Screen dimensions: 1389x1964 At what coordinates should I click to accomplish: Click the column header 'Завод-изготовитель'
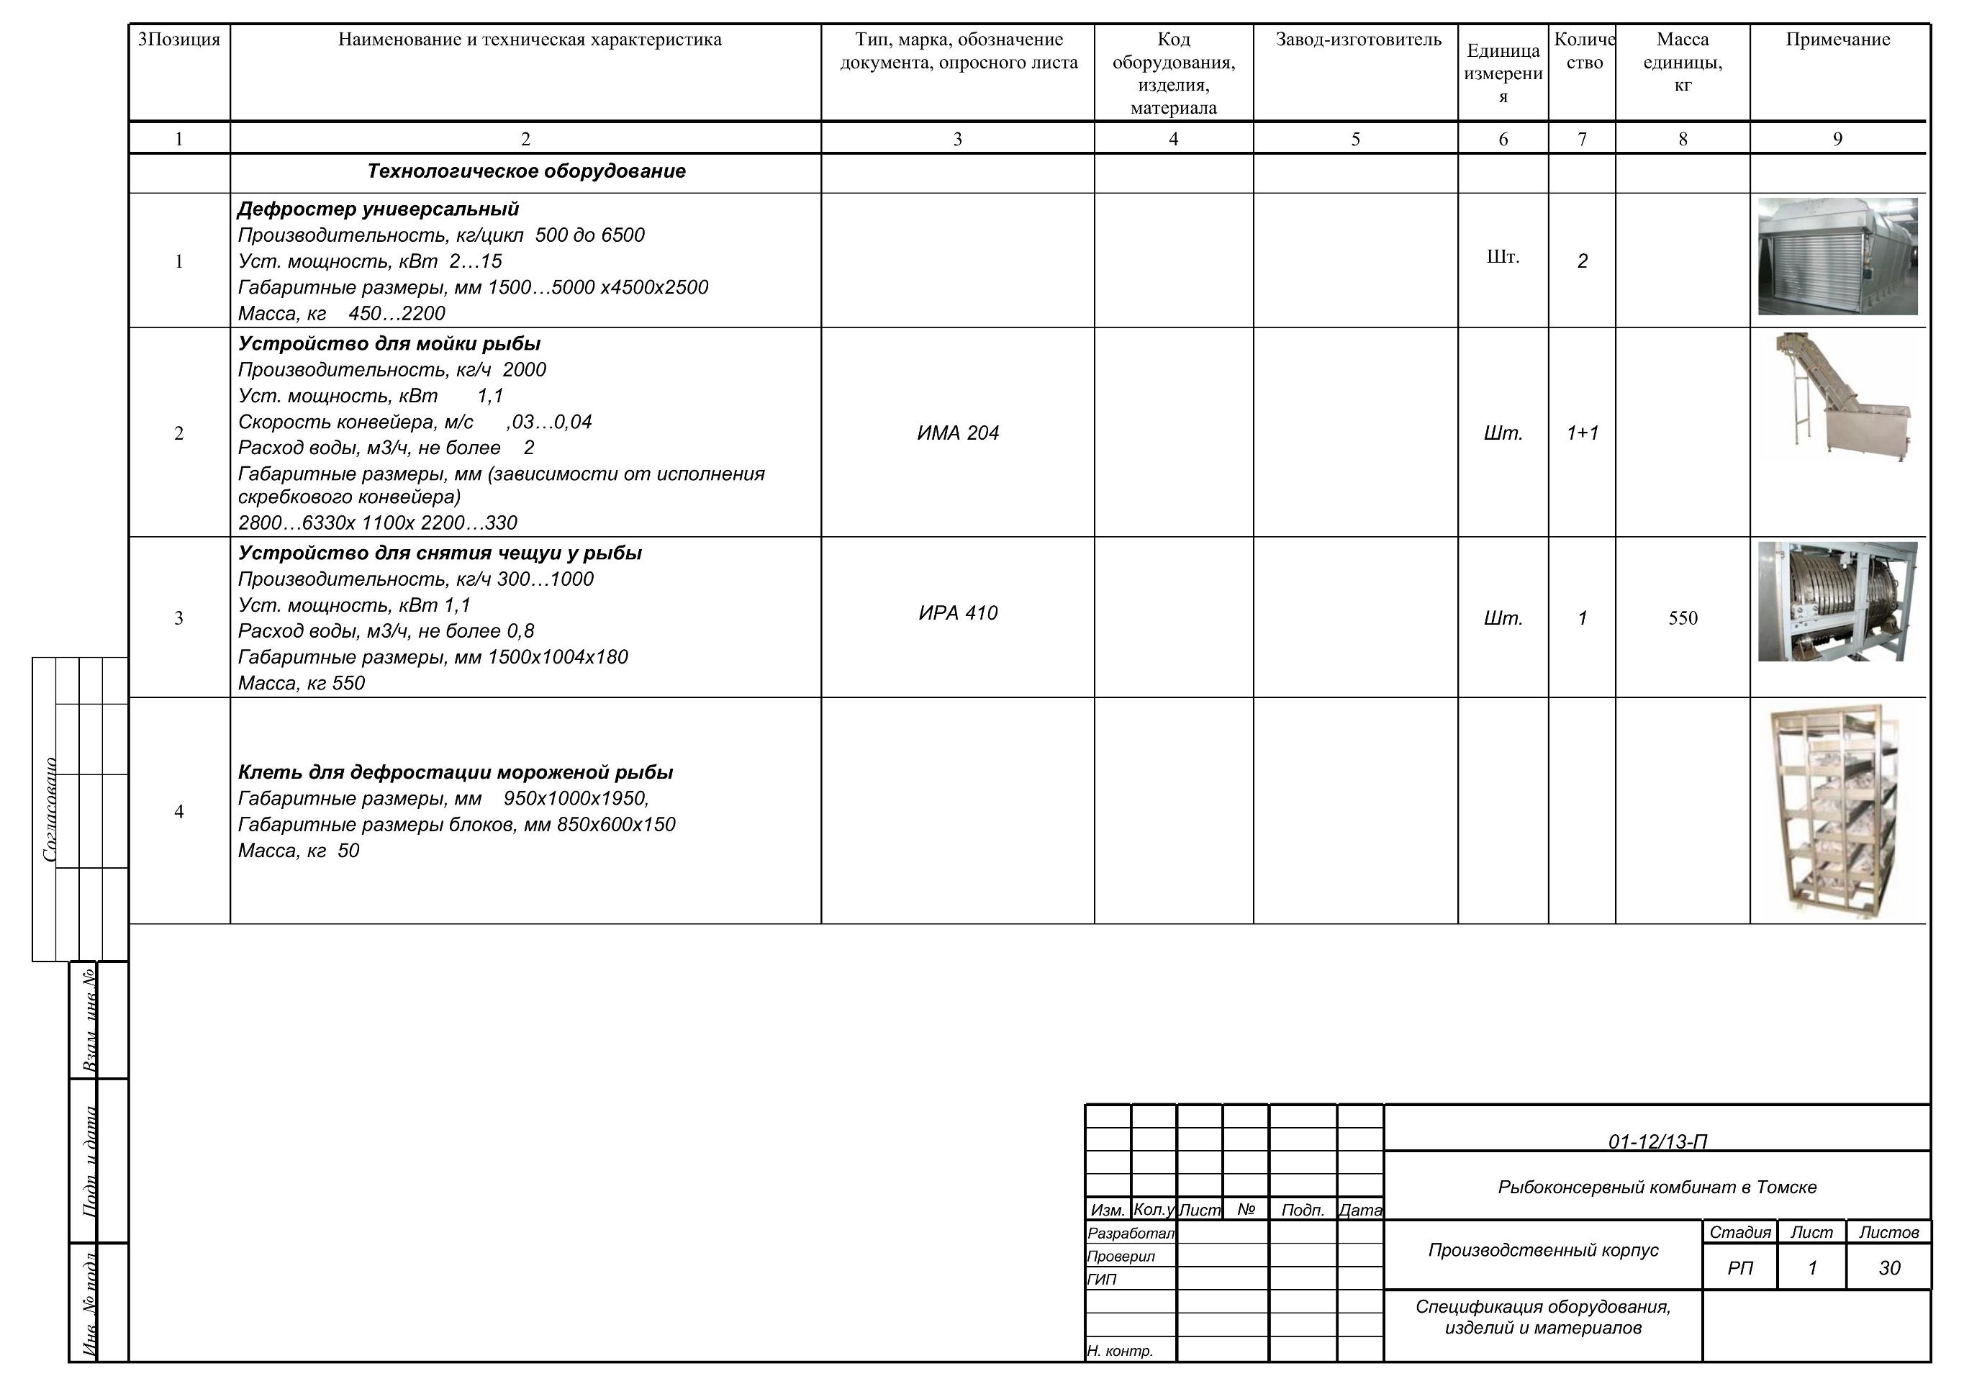1357,40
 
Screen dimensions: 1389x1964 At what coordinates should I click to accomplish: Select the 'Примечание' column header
1837,40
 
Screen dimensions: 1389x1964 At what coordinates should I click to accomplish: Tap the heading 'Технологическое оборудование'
526,171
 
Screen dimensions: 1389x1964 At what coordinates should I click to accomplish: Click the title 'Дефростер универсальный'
378,209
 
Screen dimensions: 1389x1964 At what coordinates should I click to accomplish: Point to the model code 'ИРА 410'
957,613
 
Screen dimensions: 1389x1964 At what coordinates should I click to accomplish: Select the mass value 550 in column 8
1682,618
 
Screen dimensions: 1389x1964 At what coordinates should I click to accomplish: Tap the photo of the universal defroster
1837,257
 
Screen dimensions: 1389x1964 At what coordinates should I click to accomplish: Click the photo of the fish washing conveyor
1839,399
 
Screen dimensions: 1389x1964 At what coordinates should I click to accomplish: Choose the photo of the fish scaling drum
1837,601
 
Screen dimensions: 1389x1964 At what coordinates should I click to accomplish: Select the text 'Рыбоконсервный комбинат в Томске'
1657,1187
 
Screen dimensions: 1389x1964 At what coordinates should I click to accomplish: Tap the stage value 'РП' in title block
1740,1267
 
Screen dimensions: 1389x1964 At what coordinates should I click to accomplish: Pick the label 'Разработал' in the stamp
1130,1234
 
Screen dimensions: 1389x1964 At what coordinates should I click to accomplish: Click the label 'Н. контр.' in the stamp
1120,1352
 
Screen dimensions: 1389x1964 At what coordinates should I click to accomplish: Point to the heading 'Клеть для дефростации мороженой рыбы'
455,773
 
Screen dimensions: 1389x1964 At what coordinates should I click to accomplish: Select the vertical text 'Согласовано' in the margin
50,809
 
